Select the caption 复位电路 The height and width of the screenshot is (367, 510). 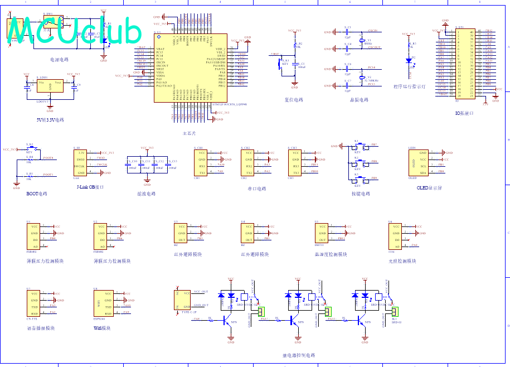click(294, 100)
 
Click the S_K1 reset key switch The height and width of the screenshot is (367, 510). click(283, 63)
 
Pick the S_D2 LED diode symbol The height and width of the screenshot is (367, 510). click(409, 60)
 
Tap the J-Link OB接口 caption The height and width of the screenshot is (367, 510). click(90, 187)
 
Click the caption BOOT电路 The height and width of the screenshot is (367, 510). click(37, 194)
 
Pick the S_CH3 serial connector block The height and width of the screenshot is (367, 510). click(295, 162)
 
